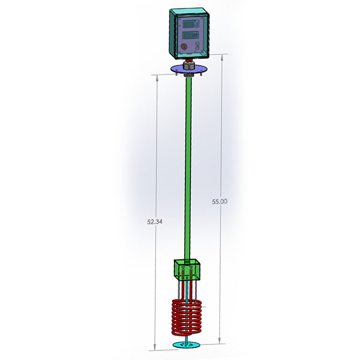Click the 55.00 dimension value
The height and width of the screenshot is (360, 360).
tap(220, 202)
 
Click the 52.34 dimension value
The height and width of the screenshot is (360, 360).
tap(155, 222)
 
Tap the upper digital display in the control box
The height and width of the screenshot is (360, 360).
tap(190, 23)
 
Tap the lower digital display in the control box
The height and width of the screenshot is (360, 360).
tap(190, 35)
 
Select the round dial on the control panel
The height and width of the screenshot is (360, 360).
tap(184, 46)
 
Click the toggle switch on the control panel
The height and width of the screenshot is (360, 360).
tap(197, 46)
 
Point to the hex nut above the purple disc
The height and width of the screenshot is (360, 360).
tap(188, 65)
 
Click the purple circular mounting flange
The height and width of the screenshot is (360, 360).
tap(189, 69)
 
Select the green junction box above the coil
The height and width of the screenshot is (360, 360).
tap(187, 270)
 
